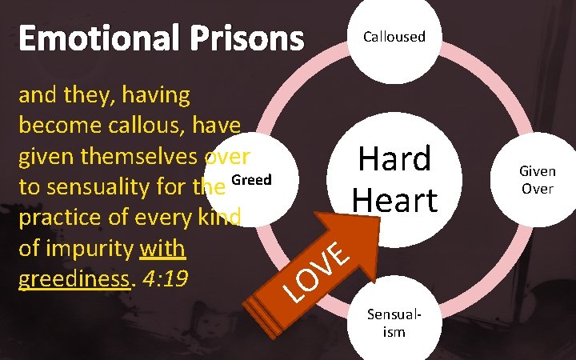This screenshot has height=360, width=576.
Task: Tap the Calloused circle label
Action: click(394, 37)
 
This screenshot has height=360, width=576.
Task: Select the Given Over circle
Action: click(538, 181)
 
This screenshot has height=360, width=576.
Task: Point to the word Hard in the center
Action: click(394, 158)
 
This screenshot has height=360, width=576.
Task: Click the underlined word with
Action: click(162, 250)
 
